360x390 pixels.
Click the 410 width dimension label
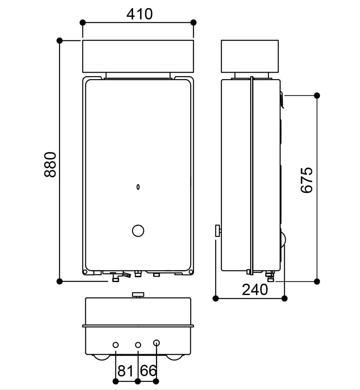click(x=139, y=14)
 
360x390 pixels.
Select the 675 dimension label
click(x=307, y=180)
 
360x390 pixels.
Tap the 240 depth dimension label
click(x=255, y=290)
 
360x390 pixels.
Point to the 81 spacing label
click(x=125, y=371)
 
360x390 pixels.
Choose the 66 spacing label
click(x=149, y=371)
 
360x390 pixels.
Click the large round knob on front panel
click(x=138, y=231)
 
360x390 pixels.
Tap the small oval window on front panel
click(x=138, y=187)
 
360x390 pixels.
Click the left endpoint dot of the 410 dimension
click(x=83, y=22)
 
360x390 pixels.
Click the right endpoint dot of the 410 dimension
click(x=193, y=22)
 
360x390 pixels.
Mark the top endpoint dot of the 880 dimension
click(x=59, y=40)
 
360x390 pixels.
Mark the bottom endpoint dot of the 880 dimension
click(x=59, y=281)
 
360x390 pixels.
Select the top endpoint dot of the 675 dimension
click(x=317, y=95)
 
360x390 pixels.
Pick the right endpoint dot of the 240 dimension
click(x=284, y=298)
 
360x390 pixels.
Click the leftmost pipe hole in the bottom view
click(x=116, y=345)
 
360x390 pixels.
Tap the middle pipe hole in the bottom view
click(x=138, y=345)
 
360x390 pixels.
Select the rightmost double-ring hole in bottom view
click(x=156, y=343)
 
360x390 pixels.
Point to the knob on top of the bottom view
click(x=138, y=294)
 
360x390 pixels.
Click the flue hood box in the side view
click(x=250, y=56)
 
